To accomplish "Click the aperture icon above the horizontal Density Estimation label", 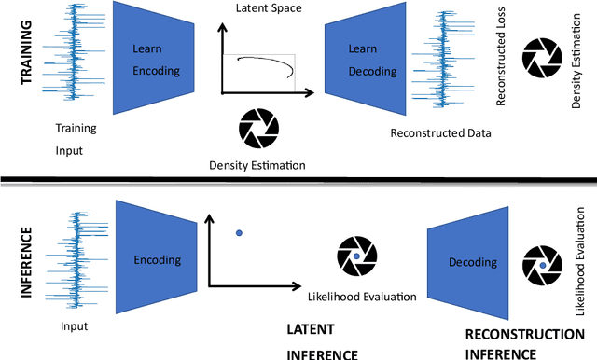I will (257, 128).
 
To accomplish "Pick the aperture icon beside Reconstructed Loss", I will (540, 58).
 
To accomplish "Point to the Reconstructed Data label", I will (441, 133).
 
